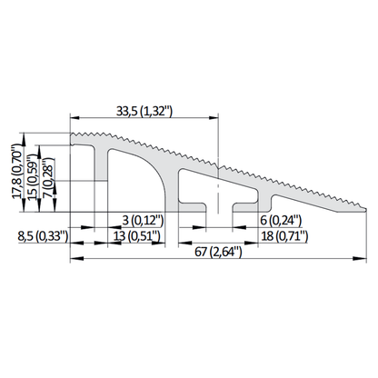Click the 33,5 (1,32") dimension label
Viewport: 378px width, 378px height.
[x=144, y=111]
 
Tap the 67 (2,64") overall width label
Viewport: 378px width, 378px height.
[x=218, y=252]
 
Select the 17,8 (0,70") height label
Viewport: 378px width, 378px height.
[x=17, y=172]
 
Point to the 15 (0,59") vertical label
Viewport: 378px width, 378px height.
[x=33, y=177]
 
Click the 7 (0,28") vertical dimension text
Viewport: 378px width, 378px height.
[x=48, y=178]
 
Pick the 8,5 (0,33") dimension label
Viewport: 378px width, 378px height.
[x=43, y=236]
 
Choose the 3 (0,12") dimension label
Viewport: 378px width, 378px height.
[x=143, y=220]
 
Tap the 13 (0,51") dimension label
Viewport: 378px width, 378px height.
[x=136, y=236]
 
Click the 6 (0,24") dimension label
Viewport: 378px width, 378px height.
[x=281, y=220]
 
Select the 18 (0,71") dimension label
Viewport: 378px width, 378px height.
[x=284, y=236]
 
